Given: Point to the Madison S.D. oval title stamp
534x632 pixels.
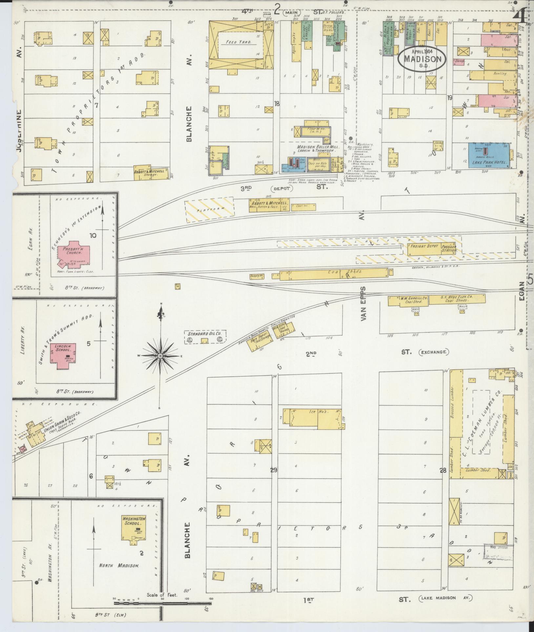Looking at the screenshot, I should [x=422, y=59].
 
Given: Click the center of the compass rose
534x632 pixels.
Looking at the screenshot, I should [x=160, y=356].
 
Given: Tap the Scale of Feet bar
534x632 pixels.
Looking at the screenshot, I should [x=162, y=603].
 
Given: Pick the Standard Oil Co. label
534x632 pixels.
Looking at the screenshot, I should [x=205, y=334].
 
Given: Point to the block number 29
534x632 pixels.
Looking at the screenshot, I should [x=274, y=470].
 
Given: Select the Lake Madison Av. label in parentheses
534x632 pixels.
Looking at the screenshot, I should [x=446, y=598].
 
